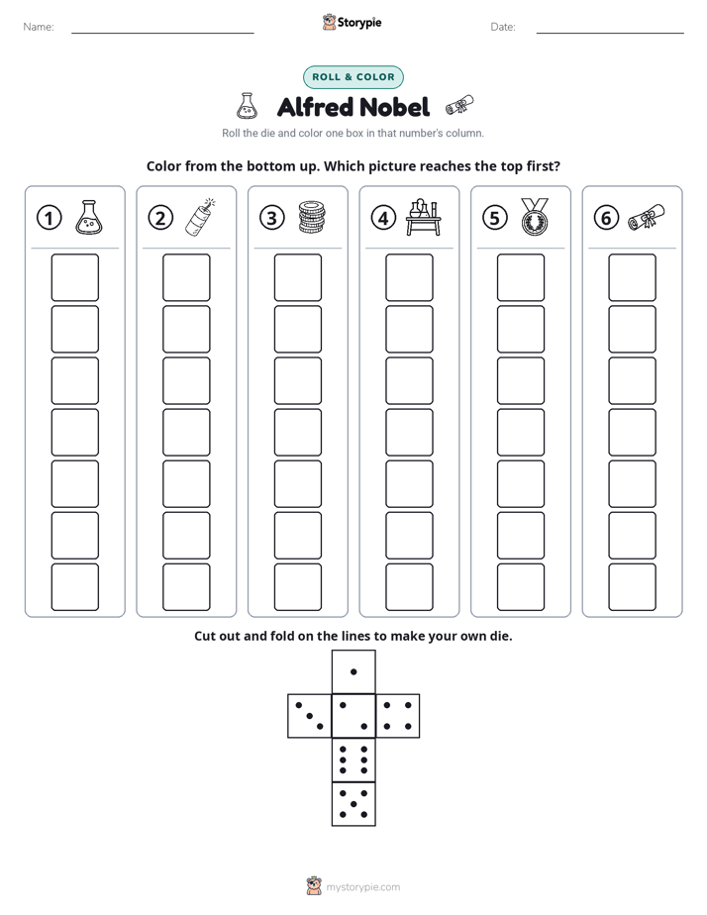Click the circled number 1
[49, 218]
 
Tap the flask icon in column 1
[89, 217]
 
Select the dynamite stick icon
[200, 217]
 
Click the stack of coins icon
[312, 217]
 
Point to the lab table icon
[423, 217]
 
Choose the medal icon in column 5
[535, 217]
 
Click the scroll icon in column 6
[646, 217]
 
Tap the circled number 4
[383, 218]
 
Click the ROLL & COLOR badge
[353, 77]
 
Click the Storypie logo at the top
[352, 22]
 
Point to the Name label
[39, 27]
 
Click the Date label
[503, 27]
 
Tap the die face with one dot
[353, 672]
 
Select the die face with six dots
[353, 760]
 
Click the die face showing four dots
[398, 716]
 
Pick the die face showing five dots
[353, 804]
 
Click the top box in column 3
[297, 277]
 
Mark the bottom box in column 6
[633, 587]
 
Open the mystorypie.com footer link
[362, 887]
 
